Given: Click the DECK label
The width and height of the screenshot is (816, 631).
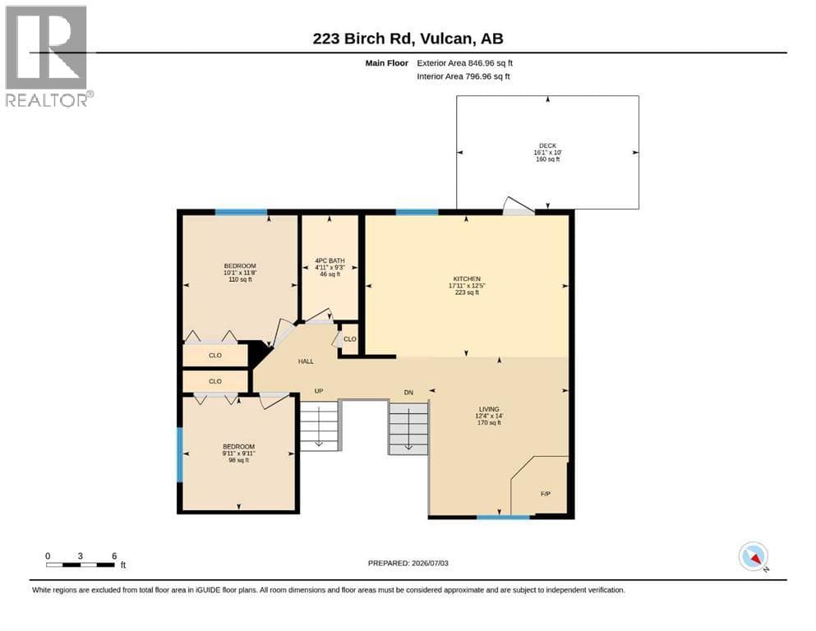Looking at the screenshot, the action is click(547, 145).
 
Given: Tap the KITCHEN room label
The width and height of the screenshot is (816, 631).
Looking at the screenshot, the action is click(467, 279).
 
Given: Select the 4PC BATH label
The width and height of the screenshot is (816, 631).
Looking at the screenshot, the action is click(330, 260).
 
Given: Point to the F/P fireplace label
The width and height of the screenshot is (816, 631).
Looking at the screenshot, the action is click(546, 494).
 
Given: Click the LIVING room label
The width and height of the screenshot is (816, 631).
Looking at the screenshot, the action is click(489, 409).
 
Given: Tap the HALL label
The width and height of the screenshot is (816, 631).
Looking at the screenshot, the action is click(306, 361).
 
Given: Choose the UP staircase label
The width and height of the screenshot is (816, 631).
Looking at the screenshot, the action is click(319, 390).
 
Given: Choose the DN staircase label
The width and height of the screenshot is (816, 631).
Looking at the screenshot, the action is click(408, 392).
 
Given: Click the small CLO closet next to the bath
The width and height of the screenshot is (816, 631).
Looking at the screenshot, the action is click(350, 339).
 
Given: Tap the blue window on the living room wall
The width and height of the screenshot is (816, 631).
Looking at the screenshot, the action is click(503, 517).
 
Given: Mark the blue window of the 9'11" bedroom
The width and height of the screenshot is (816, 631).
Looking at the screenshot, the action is click(181, 454).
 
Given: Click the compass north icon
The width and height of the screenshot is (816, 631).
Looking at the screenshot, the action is click(754, 556).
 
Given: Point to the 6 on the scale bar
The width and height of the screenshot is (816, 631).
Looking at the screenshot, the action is click(114, 555).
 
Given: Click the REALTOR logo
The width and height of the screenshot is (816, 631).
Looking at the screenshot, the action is click(48, 56).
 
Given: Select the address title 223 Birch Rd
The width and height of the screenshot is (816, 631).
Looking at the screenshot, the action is click(362, 39).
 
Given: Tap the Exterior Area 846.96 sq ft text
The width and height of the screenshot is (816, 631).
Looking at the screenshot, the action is click(465, 63).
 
